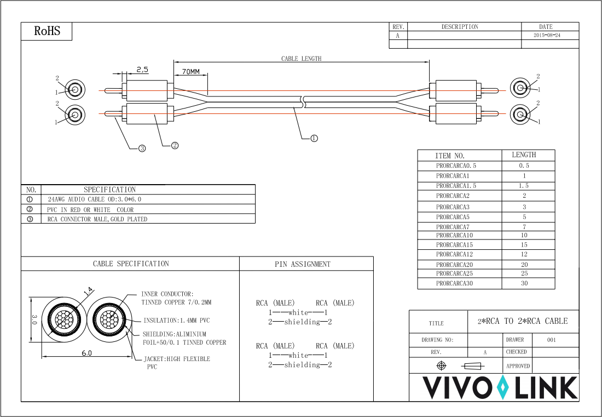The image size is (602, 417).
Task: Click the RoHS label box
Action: (x=47, y=31)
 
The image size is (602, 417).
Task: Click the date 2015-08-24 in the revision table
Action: (x=547, y=35)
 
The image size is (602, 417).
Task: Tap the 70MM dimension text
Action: (x=191, y=72)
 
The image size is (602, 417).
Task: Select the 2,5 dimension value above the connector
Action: (x=142, y=70)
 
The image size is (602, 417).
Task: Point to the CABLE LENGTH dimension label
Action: (x=302, y=59)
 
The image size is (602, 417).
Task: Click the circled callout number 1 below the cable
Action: (x=314, y=138)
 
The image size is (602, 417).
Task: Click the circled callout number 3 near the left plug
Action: (x=142, y=148)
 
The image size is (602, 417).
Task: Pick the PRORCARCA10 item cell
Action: (x=454, y=235)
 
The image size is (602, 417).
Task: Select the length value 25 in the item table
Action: (x=524, y=273)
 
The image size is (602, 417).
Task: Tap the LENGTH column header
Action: (x=524, y=155)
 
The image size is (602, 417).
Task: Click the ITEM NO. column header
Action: (x=449, y=156)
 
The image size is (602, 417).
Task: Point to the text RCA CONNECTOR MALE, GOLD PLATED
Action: (x=97, y=219)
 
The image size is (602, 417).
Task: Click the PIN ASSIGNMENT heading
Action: (x=303, y=265)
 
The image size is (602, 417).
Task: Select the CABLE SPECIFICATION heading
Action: (x=131, y=264)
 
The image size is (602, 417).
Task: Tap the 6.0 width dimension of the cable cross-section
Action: (x=87, y=353)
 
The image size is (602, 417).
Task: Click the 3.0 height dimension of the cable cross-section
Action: (x=34, y=319)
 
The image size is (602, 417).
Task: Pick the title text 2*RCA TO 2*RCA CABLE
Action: (x=523, y=321)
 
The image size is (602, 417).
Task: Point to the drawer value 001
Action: (x=551, y=340)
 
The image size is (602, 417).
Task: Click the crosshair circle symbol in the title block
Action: (x=442, y=365)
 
